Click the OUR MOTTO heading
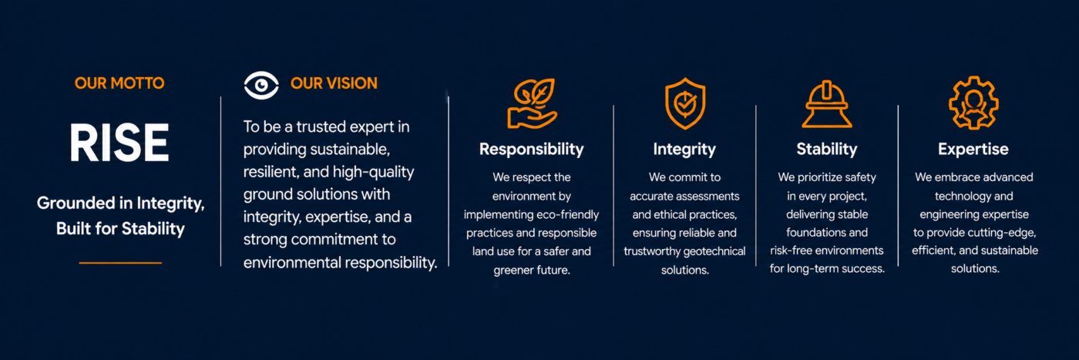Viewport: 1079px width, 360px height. coord(119,83)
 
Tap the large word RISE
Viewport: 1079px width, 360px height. coord(119,143)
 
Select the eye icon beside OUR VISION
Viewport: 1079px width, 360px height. coord(261,86)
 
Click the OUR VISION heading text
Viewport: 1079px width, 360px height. coord(334,83)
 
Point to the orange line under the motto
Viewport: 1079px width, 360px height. coord(120,263)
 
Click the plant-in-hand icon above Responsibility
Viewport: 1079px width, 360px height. coord(532,103)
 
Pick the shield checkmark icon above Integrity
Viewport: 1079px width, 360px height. coord(685,103)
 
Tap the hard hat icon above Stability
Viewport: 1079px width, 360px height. coord(827,104)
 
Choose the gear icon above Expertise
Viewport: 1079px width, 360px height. coord(973,103)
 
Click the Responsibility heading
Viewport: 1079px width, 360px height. coord(531,150)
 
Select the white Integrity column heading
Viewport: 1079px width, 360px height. coord(684,150)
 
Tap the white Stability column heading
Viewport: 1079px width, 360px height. coord(827,150)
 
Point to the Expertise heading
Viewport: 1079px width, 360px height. coord(973,150)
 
